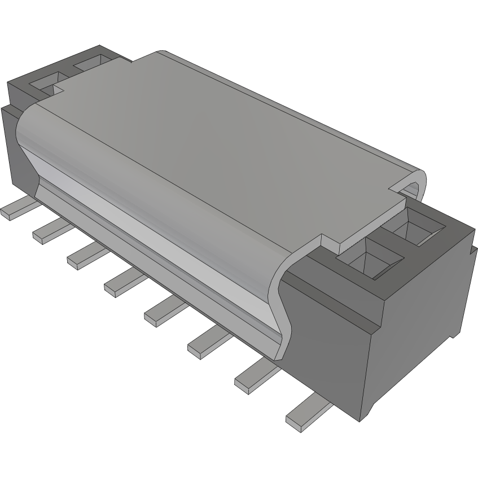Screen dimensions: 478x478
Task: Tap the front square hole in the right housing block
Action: (373, 260)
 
